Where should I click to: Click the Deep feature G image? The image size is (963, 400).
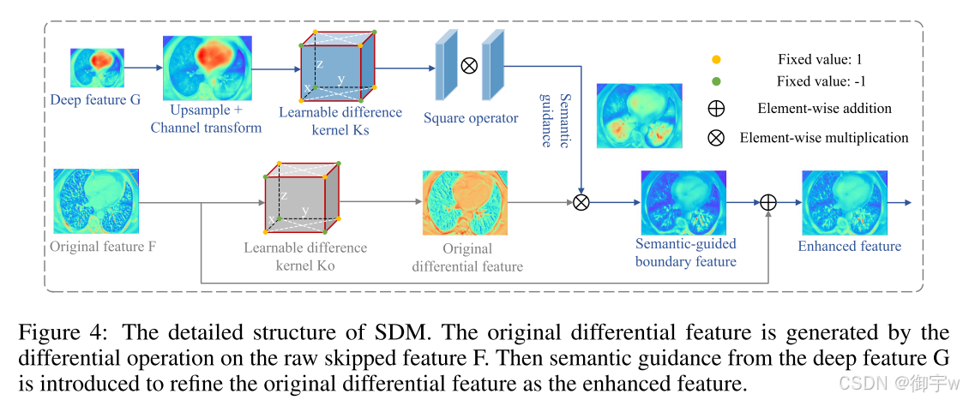[98, 69]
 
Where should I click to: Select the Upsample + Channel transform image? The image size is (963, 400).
[207, 69]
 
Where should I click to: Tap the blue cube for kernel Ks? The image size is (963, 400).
[337, 66]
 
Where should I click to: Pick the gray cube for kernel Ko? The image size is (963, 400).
[302, 197]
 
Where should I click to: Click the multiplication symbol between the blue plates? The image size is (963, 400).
[468, 65]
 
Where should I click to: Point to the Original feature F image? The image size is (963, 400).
[97, 200]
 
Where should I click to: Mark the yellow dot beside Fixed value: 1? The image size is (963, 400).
[716, 60]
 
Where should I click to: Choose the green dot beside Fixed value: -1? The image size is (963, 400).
[716, 81]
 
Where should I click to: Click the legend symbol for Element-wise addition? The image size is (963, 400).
[716, 109]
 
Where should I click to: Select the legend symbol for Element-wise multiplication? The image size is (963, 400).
[716, 137]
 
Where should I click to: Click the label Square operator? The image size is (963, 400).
[471, 118]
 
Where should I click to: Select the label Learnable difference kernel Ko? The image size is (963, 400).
[305, 257]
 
